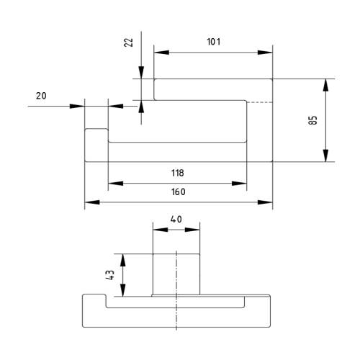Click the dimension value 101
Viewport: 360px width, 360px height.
point(213,42)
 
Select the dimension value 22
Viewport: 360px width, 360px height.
point(129,42)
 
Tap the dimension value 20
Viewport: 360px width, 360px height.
point(41,96)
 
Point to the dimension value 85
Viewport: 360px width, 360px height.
point(312,120)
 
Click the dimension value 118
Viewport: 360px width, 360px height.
point(178,173)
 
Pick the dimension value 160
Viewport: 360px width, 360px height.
point(178,192)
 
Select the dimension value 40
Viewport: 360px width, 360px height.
point(176,220)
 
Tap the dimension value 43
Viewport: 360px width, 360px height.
point(110,275)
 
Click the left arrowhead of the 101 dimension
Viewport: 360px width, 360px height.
point(161,53)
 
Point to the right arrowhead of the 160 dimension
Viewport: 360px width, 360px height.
point(265,202)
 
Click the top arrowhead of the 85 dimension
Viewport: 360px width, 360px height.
point(325,85)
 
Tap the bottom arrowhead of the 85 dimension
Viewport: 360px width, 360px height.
point(325,156)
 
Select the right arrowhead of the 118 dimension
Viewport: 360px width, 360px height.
point(239,184)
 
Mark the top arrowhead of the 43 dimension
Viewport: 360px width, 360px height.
point(123,260)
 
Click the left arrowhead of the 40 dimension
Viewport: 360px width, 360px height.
point(161,230)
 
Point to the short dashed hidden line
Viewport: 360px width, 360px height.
point(260,102)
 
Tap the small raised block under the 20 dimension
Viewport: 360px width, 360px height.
point(96,145)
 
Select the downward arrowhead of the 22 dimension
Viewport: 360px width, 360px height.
point(141,73)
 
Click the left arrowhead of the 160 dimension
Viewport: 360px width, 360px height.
point(92,202)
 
